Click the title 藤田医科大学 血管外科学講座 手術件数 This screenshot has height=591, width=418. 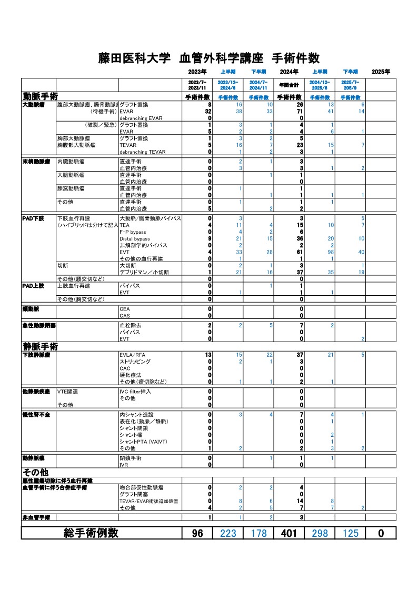click(209, 58)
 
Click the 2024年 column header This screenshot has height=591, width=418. click(289, 72)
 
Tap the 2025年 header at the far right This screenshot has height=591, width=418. click(381, 72)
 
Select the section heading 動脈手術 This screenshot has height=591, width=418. click(40, 97)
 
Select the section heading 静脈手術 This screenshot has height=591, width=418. click(40, 346)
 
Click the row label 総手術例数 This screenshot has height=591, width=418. click(91, 533)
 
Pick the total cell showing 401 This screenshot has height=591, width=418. click(288, 533)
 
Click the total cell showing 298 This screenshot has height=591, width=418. click(320, 533)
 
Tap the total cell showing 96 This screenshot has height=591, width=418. click(197, 533)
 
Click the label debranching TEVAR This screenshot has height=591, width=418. click(142, 152)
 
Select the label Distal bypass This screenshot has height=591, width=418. click(135, 238)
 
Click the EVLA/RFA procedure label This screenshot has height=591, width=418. click(133, 355)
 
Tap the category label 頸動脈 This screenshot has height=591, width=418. click(31, 308)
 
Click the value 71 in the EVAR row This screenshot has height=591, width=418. click(300, 112)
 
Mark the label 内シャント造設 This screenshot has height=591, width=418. click(136, 415)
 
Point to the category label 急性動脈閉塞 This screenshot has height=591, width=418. click(35, 326)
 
